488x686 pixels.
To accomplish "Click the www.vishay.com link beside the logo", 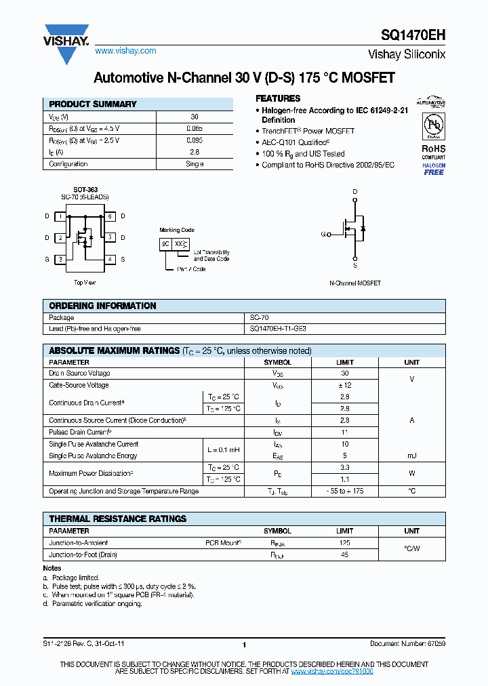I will pos(125,51).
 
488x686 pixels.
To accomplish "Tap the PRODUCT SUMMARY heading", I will pos(93,104).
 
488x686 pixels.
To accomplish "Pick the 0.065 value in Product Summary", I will pos(195,128).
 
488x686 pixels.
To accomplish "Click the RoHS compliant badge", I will pos(434,150).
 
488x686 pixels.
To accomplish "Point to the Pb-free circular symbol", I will pos(434,125).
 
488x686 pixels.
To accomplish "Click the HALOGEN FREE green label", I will pos(434,169).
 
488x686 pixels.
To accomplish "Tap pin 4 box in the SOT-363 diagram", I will pos(109,259).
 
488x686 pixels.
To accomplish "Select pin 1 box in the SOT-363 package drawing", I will pos(61,216).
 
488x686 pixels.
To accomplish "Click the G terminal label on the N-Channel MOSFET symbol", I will pos(323,235).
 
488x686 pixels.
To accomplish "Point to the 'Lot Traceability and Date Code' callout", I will pos(211,256).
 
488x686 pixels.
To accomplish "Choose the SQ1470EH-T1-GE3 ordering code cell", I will pos(278,329).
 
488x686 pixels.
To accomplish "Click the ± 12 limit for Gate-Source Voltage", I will pos(344,385).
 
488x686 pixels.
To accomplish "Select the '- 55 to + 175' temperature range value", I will pos(344,491).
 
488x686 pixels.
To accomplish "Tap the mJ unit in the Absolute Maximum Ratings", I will pos(411,456).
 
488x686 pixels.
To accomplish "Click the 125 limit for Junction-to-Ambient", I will pos(344,543).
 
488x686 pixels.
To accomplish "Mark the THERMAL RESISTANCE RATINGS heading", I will pos(117,519).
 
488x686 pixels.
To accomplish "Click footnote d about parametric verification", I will pos(95,603).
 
